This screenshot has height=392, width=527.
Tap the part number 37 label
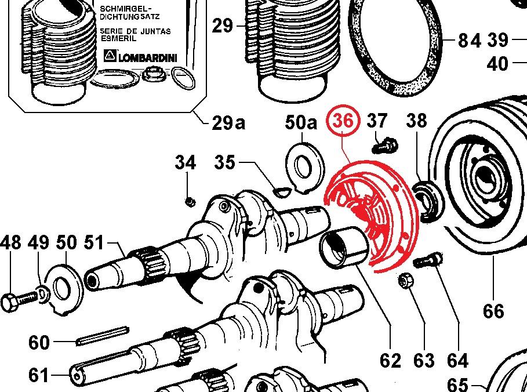point(377,121)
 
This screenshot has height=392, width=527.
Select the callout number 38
point(416,121)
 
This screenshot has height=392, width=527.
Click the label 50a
point(301,123)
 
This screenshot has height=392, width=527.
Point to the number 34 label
point(186,163)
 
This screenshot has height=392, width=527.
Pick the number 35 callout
point(224,163)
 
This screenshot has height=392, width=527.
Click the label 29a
point(228,123)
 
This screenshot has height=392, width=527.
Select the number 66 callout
point(493,311)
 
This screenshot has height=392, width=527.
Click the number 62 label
point(390,361)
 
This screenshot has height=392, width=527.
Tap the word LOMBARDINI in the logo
point(148,57)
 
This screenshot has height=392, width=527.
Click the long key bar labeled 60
point(101,335)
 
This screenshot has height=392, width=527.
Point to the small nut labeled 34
point(190,201)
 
